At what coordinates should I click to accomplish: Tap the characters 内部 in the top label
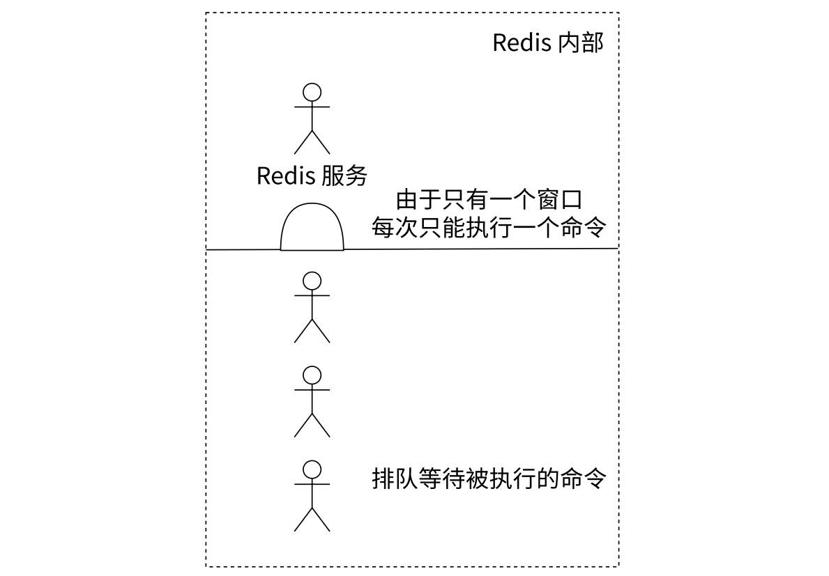(581, 42)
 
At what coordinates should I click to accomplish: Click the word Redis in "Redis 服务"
(287, 176)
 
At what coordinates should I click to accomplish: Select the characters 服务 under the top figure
(344, 176)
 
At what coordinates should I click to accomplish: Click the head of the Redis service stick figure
(312, 92)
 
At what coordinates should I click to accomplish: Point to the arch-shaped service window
(312, 228)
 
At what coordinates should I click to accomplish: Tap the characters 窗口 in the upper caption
(561, 201)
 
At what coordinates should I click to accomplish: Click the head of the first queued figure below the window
(312, 280)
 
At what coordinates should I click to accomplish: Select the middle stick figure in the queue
(312, 401)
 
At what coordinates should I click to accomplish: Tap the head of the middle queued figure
(312, 375)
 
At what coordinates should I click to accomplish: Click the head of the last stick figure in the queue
(312, 469)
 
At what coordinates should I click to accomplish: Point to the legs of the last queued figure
(312, 519)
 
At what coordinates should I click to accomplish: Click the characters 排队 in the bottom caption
(395, 479)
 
